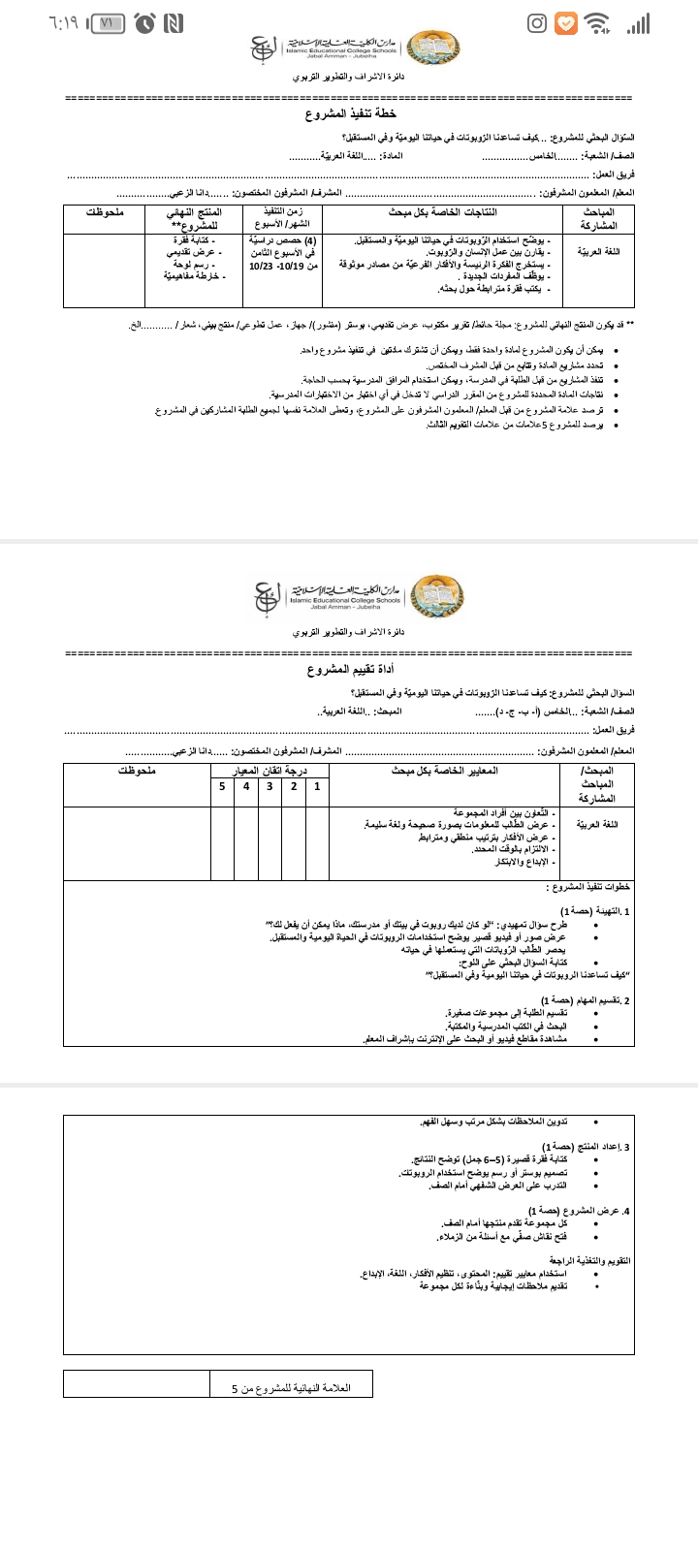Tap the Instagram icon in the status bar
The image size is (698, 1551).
pos(537,23)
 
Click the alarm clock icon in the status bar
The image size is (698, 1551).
pos(146,23)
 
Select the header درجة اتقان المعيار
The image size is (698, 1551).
pos(270,771)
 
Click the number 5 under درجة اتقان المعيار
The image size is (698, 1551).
pos(222,786)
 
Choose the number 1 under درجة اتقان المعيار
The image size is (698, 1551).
pos(317,786)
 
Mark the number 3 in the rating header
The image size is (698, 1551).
pos(270,786)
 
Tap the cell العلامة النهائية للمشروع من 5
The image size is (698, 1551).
pos(291,1388)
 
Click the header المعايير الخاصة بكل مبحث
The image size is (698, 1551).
pos(444,771)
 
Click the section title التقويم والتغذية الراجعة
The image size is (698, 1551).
pos(590,1261)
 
